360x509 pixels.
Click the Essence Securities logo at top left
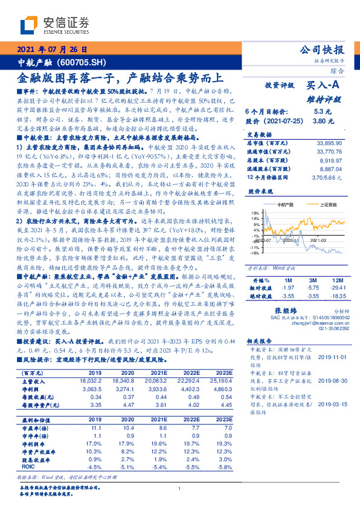[55, 25]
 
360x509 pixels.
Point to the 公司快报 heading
[323, 50]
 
